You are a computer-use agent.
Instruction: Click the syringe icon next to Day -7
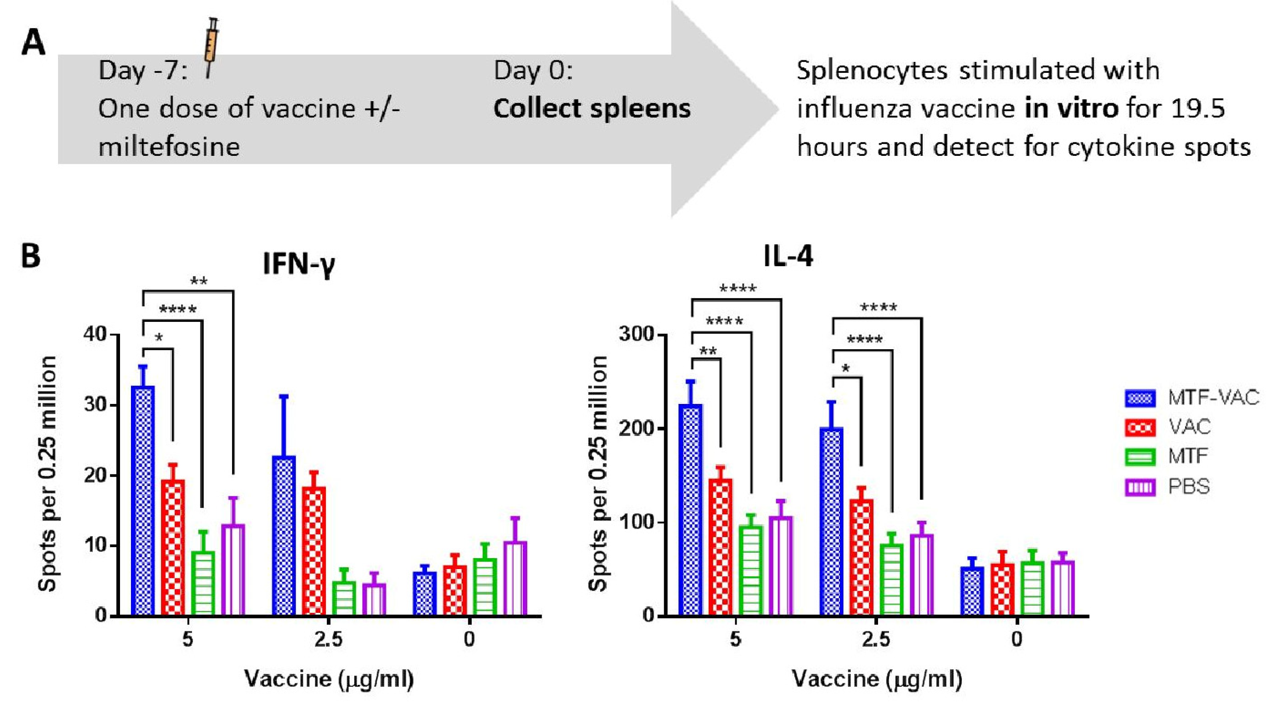pos(211,47)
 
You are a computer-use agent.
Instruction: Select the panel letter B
pos(30,257)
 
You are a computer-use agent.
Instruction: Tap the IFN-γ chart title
pos(299,264)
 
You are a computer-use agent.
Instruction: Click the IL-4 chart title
pos(788,257)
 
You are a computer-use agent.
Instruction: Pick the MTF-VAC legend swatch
pos(1140,398)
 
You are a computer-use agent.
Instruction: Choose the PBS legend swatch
pos(1140,487)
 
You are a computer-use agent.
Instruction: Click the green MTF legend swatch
pos(1140,457)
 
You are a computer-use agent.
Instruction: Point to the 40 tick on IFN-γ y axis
pos(95,334)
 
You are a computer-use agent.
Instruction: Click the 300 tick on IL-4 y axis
pos(636,334)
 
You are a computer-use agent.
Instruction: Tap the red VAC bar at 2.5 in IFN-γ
pos(314,551)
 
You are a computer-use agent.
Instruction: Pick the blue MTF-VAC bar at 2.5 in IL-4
pos(832,521)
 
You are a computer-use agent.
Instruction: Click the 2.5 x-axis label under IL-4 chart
pos(876,639)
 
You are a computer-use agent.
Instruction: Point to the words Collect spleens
pos(592,108)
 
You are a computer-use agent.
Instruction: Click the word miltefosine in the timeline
pos(169,147)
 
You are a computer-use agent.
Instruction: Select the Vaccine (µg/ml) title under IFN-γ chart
pos(328,679)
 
